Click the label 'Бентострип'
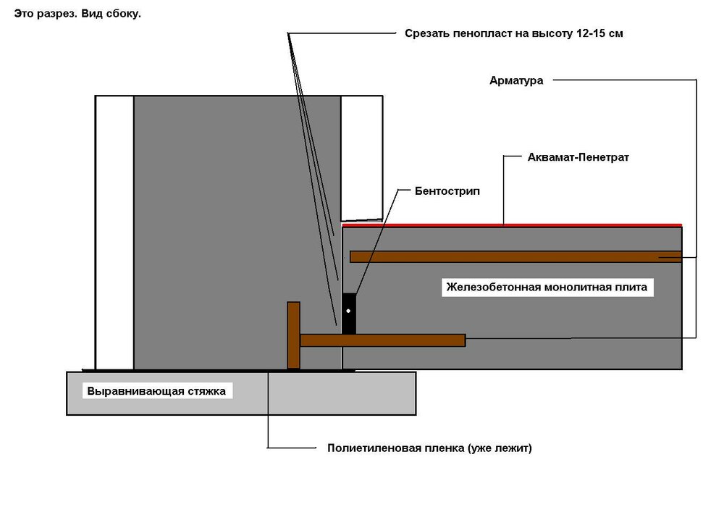(447, 191)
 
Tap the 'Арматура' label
(516, 80)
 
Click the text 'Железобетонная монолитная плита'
(547, 288)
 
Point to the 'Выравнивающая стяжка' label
(156, 392)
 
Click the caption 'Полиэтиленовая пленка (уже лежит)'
(429, 448)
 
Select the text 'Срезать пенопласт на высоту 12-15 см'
(514, 33)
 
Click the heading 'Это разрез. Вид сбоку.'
(77, 14)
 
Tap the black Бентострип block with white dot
(349, 313)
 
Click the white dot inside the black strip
(348, 311)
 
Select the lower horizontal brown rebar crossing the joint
(382, 340)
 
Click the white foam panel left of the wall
(114, 232)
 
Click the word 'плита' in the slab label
(633, 288)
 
